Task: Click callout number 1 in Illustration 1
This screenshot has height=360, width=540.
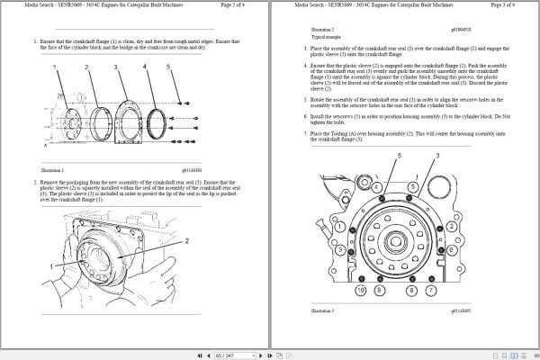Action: pos(57,66)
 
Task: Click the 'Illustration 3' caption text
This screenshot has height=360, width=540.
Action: pos(321,310)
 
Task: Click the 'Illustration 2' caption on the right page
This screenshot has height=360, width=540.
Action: pos(321,30)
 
